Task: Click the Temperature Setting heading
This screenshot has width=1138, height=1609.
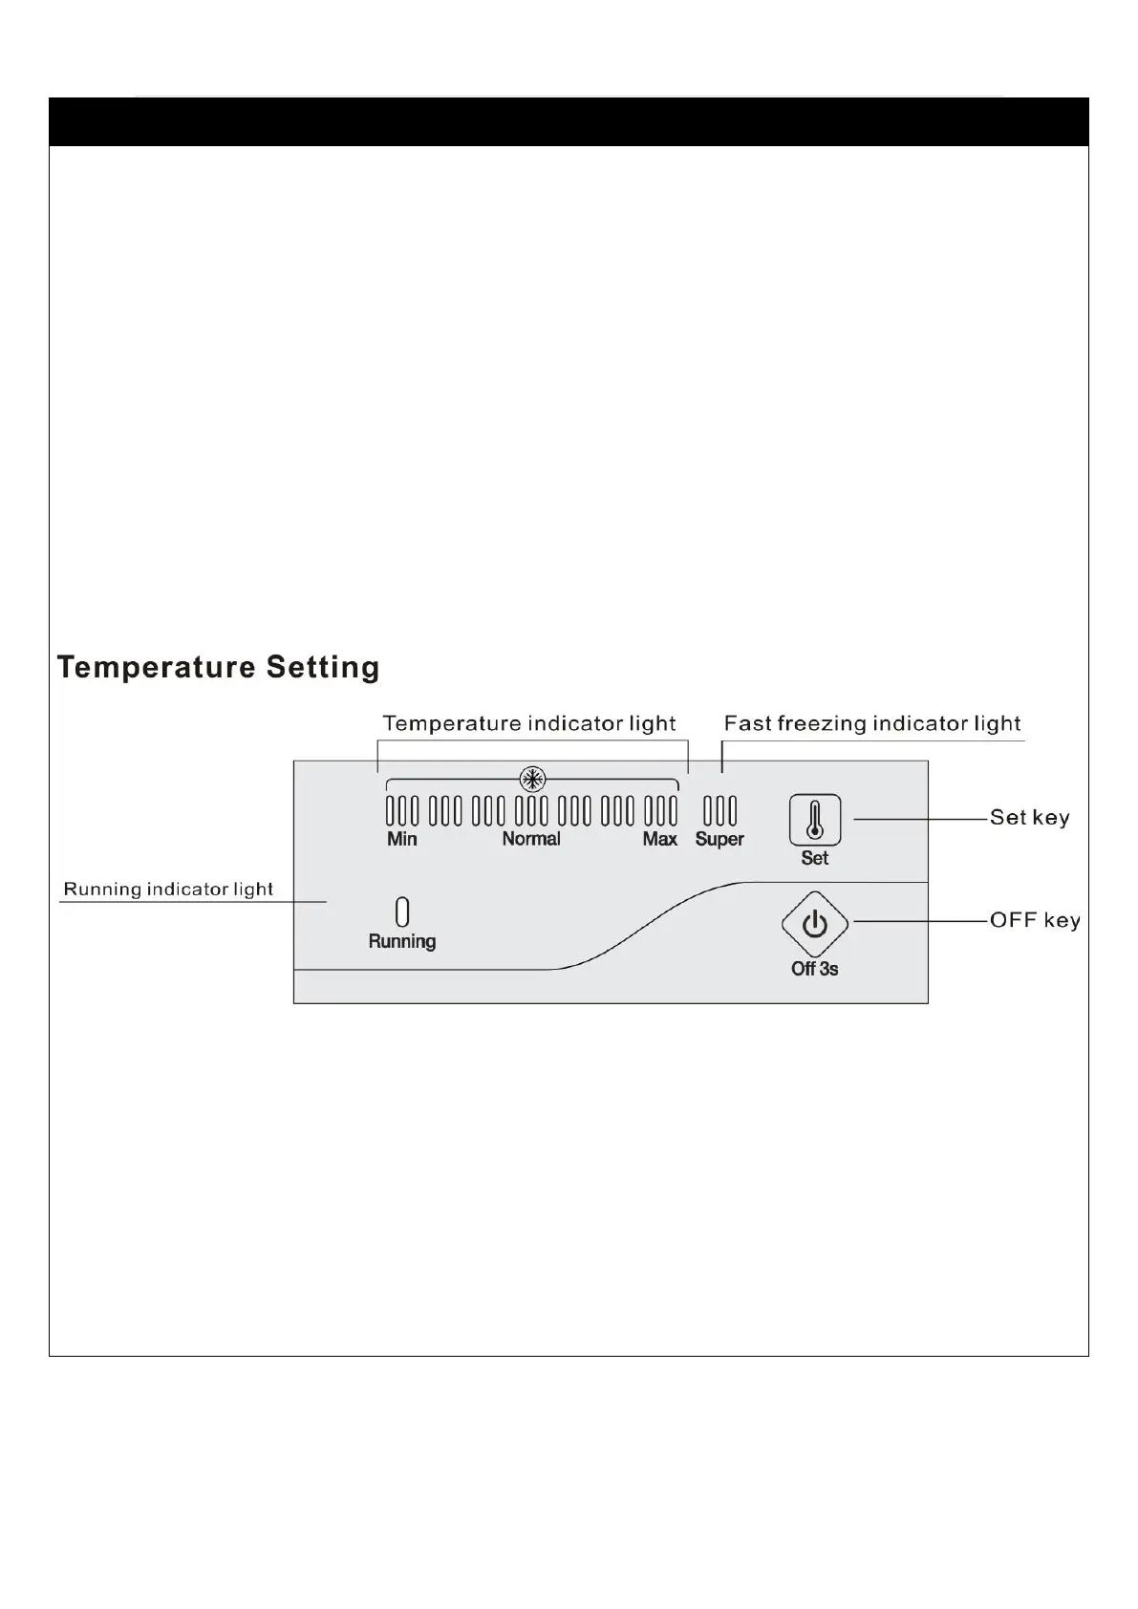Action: (x=218, y=667)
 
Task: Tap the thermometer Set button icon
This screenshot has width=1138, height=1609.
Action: (x=814, y=819)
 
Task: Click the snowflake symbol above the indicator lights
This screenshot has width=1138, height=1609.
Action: (x=531, y=778)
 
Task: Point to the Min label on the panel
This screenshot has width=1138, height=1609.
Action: (x=401, y=839)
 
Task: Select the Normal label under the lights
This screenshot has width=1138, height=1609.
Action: (x=531, y=839)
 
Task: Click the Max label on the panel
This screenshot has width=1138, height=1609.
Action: (x=659, y=839)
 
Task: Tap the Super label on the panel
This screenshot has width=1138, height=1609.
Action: (x=719, y=839)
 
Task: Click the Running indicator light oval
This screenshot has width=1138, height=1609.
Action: (x=402, y=912)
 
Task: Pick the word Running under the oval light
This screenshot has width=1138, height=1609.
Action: (x=402, y=941)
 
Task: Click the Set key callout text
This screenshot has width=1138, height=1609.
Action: (x=1029, y=818)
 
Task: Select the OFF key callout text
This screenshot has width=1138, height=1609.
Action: (x=1035, y=920)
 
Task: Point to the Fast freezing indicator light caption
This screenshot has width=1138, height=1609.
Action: (x=872, y=723)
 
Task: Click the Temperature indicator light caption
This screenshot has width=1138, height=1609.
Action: (x=529, y=723)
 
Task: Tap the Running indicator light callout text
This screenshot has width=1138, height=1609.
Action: (x=168, y=890)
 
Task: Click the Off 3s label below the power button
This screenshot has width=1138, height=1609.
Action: (x=814, y=969)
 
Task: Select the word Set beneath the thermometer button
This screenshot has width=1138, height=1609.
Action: (x=814, y=858)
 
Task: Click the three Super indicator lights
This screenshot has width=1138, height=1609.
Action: (x=719, y=811)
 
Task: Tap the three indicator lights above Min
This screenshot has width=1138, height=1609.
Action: (x=402, y=811)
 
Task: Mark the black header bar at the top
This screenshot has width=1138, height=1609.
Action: (x=569, y=121)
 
